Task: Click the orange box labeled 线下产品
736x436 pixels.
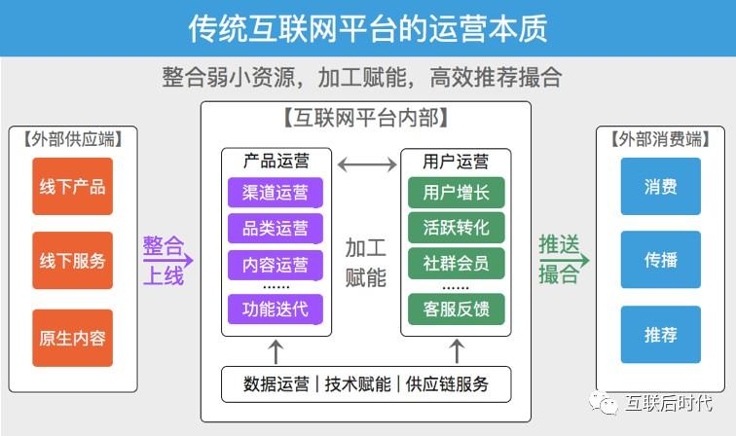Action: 72,186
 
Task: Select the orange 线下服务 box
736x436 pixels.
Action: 72,260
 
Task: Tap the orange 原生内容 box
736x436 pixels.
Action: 72,338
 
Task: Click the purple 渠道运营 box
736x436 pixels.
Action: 276,193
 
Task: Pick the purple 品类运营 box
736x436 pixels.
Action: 276,229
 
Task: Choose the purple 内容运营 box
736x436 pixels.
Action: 276,265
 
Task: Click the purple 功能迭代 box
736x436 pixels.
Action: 276,309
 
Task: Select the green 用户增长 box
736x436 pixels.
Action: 457,193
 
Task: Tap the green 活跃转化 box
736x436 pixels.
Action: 457,228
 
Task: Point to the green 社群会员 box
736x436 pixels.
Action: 457,264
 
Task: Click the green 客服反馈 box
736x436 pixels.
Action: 457,309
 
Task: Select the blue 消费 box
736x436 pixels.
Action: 660,186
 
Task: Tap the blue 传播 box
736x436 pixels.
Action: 660,260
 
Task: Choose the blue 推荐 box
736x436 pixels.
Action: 660,335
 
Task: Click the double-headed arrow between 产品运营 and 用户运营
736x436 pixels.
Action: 367,164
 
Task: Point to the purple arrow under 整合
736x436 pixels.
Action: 168,260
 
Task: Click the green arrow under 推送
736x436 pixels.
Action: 565,260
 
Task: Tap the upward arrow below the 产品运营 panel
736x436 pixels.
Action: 276,352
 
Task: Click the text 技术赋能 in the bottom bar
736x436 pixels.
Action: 357,383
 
